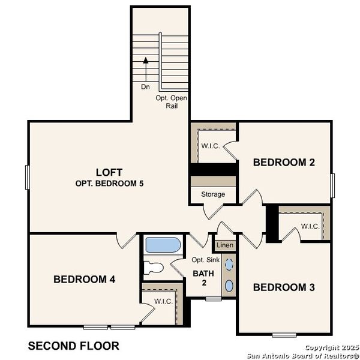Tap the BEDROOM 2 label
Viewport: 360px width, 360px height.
click(284, 162)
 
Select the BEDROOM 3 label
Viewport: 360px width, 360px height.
click(284, 287)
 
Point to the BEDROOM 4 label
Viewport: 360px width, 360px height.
click(84, 279)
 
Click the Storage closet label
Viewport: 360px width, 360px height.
click(213, 194)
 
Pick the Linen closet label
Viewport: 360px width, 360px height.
click(224, 245)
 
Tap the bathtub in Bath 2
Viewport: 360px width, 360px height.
click(162, 245)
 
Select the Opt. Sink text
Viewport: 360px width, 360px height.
click(204, 260)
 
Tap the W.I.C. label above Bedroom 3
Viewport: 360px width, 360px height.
click(310, 226)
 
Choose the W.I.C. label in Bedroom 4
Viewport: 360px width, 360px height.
click(163, 301)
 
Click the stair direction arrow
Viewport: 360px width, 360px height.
click(145, 61)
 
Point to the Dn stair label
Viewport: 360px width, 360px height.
click(145, 86)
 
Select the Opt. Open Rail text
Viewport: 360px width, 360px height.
click(172, 101)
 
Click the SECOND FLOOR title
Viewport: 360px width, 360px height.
click(74, 346)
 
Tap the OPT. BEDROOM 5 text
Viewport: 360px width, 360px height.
click(109, 183)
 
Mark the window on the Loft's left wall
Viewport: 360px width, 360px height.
click(27, 178)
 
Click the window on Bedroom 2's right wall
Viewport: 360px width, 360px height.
click(333, 182)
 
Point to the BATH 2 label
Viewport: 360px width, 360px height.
click(203, 277)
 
